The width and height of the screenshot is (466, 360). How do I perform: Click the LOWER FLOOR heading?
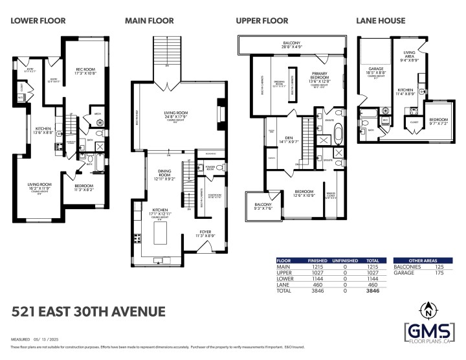tap(38, 21)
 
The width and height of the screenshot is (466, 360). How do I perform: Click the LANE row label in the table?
tap(282, 284)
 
